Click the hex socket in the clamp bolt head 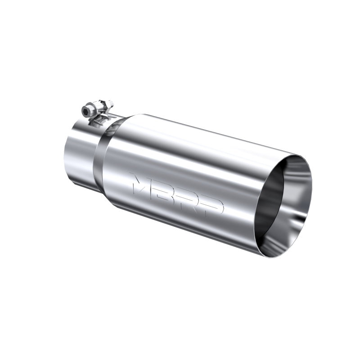point(86,111)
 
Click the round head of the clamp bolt point(87,111)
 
